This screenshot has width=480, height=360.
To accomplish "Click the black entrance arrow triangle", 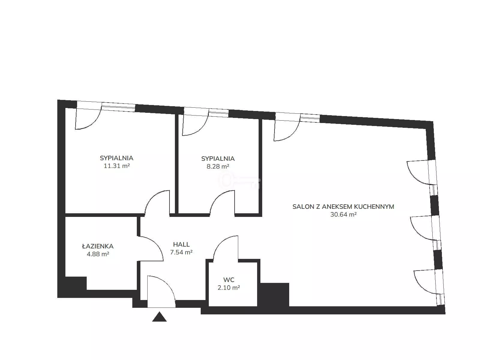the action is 159,317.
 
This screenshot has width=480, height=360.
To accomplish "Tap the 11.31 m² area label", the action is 117,166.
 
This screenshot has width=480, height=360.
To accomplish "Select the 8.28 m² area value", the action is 218,166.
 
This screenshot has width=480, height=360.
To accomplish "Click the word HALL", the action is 181,244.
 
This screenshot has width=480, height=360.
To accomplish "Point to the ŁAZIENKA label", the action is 98,246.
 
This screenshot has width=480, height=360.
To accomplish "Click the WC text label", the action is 229,280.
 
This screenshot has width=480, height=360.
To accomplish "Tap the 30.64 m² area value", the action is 343,214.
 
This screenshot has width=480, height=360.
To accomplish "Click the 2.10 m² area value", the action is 229,288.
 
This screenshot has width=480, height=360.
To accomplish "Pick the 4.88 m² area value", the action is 98,254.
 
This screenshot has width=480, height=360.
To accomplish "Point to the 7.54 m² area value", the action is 181,252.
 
